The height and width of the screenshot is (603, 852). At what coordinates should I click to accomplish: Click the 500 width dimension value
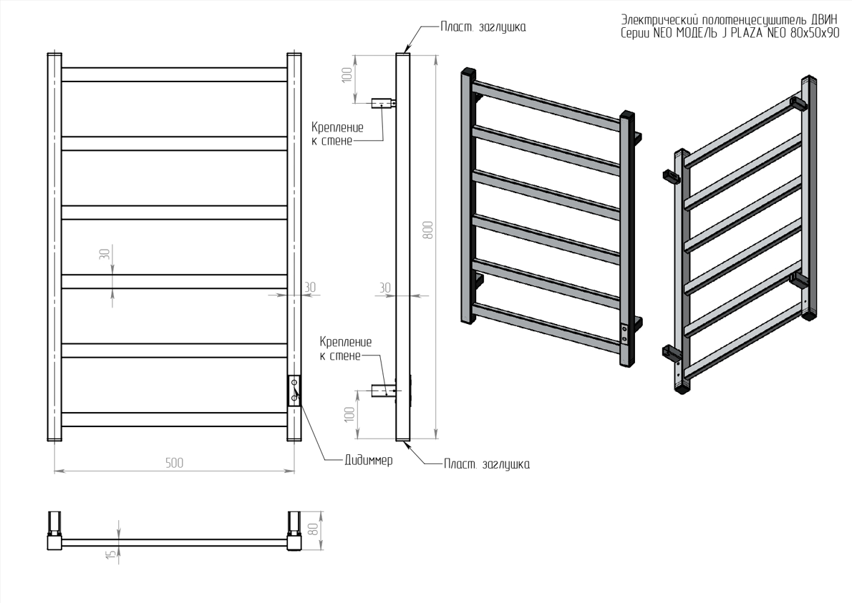point(175,463)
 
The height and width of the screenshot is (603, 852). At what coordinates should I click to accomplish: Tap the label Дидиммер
point(368,461)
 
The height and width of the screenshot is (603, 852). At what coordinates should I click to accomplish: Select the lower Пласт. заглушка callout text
point(486,464)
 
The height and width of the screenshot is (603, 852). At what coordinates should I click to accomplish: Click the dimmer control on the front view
point(294,391)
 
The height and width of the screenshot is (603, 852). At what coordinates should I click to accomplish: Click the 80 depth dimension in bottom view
point(313,529)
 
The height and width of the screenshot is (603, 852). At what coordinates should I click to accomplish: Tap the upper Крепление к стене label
point(337,134)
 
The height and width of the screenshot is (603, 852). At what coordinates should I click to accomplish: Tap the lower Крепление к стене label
point(346,348)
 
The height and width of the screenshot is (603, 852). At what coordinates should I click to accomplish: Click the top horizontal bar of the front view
point(175,74)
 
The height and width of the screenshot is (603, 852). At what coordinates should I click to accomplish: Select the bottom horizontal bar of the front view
point(175,419)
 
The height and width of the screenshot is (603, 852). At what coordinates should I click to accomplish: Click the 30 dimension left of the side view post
point(384,287)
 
